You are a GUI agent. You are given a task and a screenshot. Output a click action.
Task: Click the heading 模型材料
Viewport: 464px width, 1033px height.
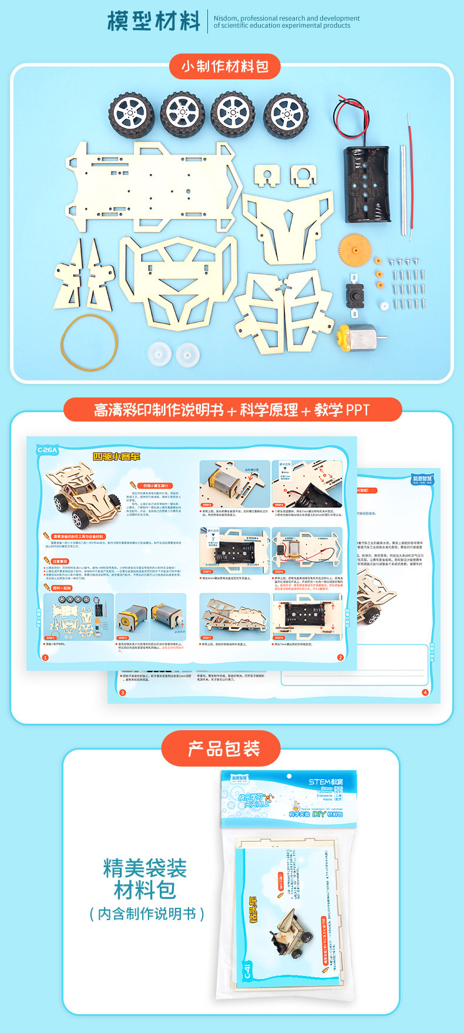pyautogui.click(x=154, y=21)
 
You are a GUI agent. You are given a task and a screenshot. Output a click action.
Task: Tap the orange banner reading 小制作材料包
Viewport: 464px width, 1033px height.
pyautogui.click(x=225, y=66)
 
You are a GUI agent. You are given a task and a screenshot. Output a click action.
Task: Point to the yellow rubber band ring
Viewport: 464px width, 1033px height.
pyautogui.click(x=90, y=343)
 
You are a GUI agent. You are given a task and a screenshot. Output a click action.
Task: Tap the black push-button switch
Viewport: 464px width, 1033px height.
pyautogui.click(x=354, y=292)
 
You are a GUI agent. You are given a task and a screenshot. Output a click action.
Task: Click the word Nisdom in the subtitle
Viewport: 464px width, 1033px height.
pyautogui.click(x=226, y=18)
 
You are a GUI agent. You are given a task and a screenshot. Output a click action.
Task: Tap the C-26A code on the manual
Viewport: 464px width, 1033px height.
pyautogui.click(x=48, y=450)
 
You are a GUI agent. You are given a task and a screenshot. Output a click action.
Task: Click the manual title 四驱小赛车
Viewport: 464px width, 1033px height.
pyautogui.click(x=116, y=456)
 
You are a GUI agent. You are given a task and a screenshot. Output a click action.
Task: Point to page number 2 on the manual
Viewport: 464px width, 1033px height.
pyautogui.click(x=340, y=657)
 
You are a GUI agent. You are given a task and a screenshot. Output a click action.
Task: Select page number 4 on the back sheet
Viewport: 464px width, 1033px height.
pyautogui.click(x=425, y=692)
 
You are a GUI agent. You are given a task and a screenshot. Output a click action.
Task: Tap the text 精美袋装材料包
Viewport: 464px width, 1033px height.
pyautogui.click(x=145, y=878)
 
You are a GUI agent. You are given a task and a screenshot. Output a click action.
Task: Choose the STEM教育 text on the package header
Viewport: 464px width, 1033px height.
pyautogui.click(x=325, y=781)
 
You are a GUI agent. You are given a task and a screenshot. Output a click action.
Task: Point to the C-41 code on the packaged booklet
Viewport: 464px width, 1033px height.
pyautogui.click(x=248, y=972)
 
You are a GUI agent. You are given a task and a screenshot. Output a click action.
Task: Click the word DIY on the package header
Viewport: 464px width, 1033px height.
pyautogui.click(x=318, y=814)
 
